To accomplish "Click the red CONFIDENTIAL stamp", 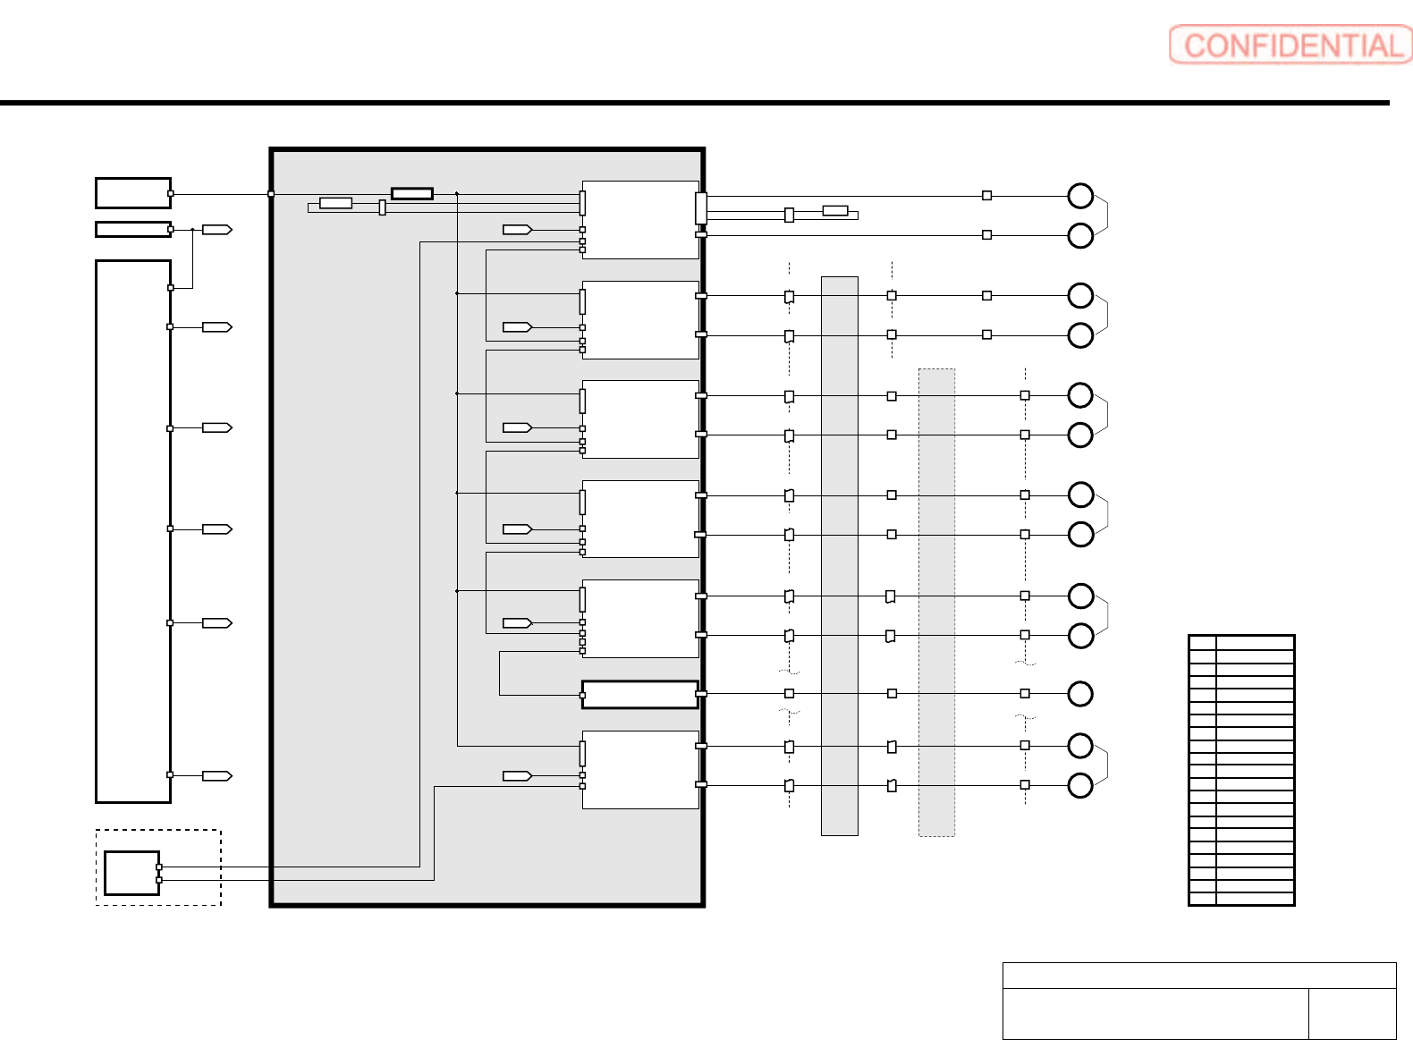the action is [x=1290, y=45].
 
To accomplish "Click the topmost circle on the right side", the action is [x=1080, y=195].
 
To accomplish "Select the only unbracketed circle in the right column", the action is [x=1080, y=694].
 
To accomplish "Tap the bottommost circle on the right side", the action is [x=1080, y=785].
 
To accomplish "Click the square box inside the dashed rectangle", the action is [x=131, y=873].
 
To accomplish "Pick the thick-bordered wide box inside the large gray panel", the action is [x=639, y=695].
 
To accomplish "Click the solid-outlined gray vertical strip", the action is [x=839, y=555].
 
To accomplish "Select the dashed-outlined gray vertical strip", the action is [x=936, y=602].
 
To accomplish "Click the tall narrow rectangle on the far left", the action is [x=133, y=531].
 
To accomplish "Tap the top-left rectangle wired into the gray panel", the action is [x=132, y=192].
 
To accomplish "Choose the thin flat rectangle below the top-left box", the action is [x=132, y=229].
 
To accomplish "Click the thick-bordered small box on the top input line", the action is [x=412, y=193].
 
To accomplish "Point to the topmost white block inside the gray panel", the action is [x=639, y=220].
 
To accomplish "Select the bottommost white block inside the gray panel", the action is [x=639, y=770].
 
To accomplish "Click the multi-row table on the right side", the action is [x=1241, y=770].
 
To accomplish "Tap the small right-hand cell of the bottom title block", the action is [x=1351, y=1013].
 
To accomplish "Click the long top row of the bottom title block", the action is [x=1198, y=975].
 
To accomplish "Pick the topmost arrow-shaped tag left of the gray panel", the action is [x=217, y=230].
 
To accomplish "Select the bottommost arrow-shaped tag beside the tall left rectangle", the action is [x=217, y=776].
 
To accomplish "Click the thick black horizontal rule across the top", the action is [x=694, y=103].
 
